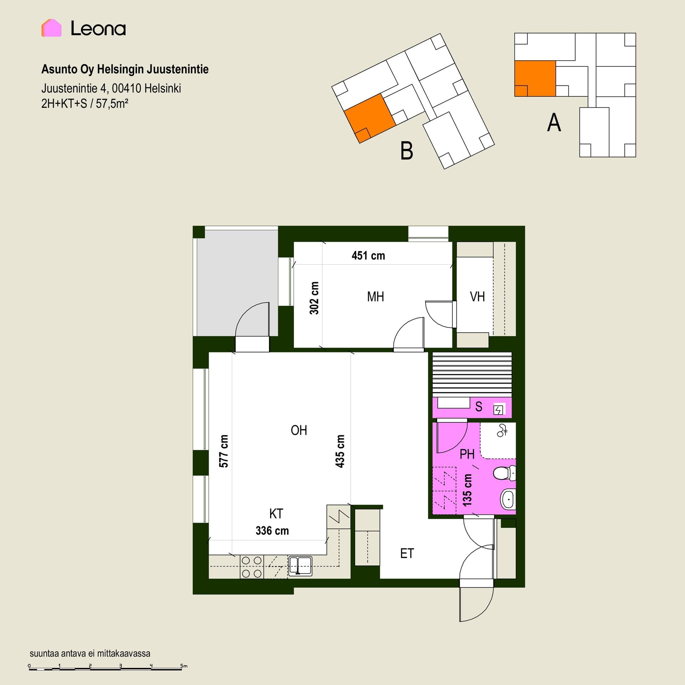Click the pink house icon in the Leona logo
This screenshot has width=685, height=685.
tap(51, 28)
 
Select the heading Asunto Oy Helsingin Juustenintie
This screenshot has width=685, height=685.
tap(125, 69)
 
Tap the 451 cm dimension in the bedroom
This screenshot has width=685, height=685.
tap(368, 255)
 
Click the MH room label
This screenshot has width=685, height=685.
tap(375, 296)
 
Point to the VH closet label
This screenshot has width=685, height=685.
tap(477, 296)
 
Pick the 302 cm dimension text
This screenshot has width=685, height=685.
tap(314, 298)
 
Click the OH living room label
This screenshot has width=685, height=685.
tap(299, 430)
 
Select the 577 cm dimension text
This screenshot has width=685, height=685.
tap(223, 451)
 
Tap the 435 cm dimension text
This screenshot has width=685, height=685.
tap(340, 451)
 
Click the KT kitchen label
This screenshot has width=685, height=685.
tap(276, 514)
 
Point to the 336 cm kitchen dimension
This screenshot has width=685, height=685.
tap(272, 531)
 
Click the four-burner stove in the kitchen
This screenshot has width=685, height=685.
tap(252, 567)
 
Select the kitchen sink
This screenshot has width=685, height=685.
tap(300, 566)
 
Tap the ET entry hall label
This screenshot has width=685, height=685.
tap(407, 553)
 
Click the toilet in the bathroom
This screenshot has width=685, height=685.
tap(504, 473)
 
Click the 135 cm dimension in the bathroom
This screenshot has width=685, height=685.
tap(467, 490)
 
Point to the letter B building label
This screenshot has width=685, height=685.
tap(407, 151)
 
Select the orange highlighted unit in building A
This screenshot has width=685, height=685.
tap(535, 78)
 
